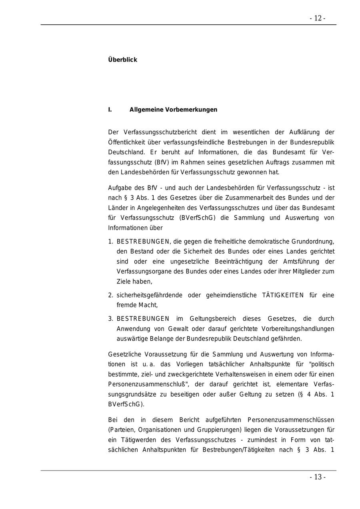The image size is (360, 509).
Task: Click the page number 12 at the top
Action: tap(318, 18)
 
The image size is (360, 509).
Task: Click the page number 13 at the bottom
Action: tap(318, 477)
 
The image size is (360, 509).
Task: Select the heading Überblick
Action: tap(122, 60)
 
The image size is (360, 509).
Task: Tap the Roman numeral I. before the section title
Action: tap(110, 110)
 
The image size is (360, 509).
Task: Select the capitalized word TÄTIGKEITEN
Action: tap(283, 295)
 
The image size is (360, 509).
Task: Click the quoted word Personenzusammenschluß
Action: tap(146, 384)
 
